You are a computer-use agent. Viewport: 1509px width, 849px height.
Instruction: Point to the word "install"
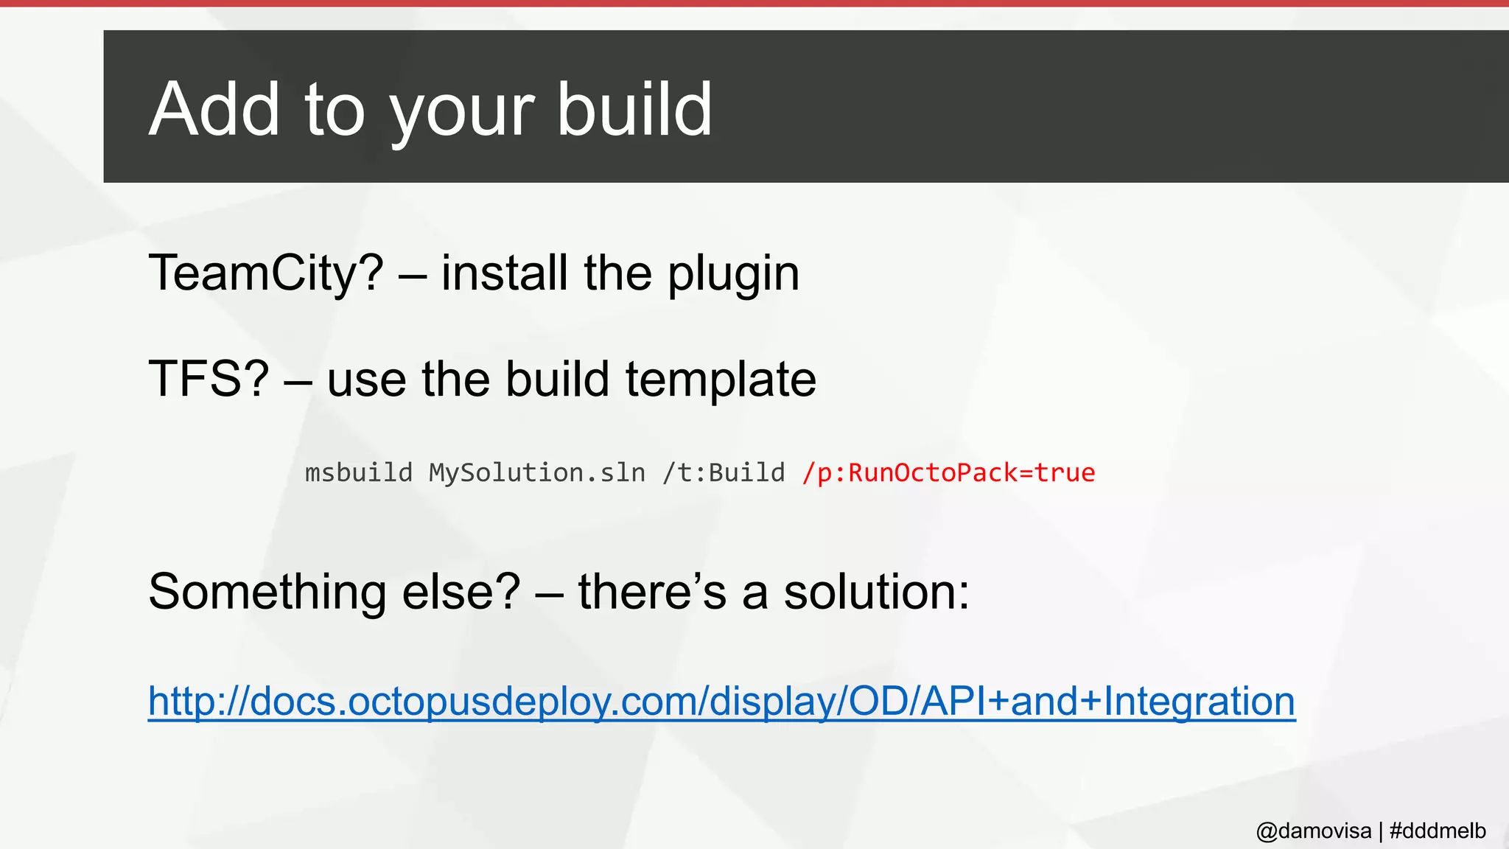coord(505,273)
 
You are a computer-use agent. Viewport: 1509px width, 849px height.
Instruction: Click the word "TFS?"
coord(209,380)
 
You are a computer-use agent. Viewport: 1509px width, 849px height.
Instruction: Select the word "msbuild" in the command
coord(359,472)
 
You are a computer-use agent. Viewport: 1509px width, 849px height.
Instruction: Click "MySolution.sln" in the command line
coord(537,472)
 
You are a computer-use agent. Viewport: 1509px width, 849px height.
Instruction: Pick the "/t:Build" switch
coord(724,472)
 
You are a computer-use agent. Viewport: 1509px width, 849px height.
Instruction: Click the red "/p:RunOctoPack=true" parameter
coord(948,472)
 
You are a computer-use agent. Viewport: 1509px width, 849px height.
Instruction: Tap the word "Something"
coord(267,592)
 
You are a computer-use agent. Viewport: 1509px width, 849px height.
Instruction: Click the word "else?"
coord(461,592)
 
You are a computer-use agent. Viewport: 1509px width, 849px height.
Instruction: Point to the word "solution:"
coord(876,592)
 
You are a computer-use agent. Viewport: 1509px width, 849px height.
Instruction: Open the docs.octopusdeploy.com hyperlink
coord(721,701)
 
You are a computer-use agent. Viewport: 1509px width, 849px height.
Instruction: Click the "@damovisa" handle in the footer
coord(1313,831)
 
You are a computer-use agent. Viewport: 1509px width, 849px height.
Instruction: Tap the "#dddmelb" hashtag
coord(1437,831)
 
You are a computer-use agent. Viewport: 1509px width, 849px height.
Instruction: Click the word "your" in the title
coord(461,111)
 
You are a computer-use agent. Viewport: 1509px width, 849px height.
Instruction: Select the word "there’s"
coord(652,592)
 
